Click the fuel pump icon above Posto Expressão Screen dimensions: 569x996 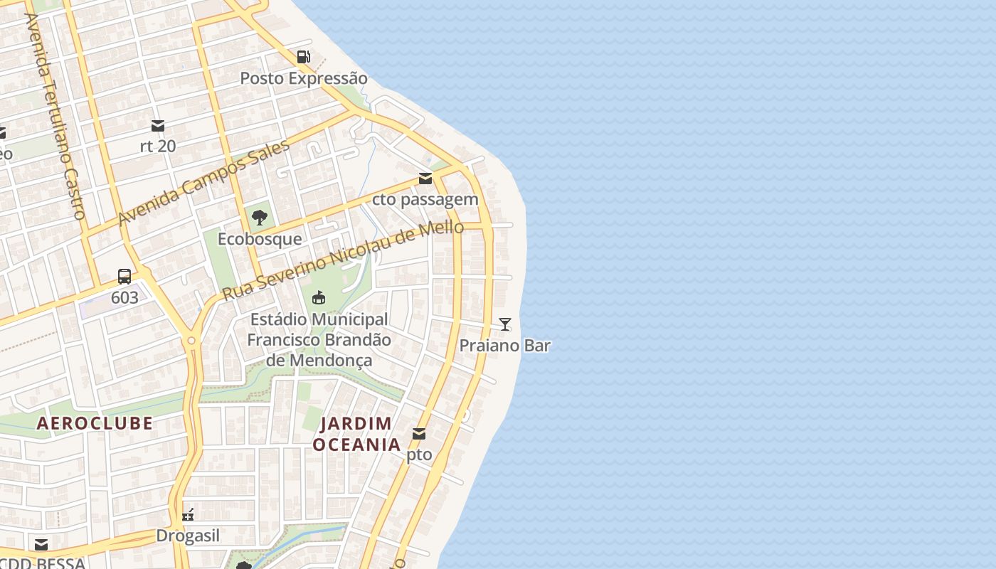(304, 57)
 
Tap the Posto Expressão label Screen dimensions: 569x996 (304, 78)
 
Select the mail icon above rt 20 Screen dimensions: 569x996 (158, 126)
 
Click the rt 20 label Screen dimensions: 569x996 (158, 146)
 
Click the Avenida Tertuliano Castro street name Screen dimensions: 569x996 (55, 115)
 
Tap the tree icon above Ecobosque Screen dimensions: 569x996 (260, 218)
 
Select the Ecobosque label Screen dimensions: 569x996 (260, 239)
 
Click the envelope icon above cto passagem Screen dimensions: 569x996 (425, 179)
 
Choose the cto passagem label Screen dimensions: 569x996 (425, 199)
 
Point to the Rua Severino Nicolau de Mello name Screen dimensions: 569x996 (343, 260)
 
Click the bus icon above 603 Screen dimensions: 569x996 (124, 276)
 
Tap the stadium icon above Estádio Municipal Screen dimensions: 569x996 (319, 297)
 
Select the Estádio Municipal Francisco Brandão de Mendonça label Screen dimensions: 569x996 (319, 340)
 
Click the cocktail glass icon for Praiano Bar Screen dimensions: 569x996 (505, 324)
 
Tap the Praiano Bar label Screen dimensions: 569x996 (505, 346)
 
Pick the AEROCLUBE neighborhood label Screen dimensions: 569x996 (95, 423)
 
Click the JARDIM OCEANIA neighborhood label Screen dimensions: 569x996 (356, 434)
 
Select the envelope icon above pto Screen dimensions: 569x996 (419, 434)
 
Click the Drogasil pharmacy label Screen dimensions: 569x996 (188, 536)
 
